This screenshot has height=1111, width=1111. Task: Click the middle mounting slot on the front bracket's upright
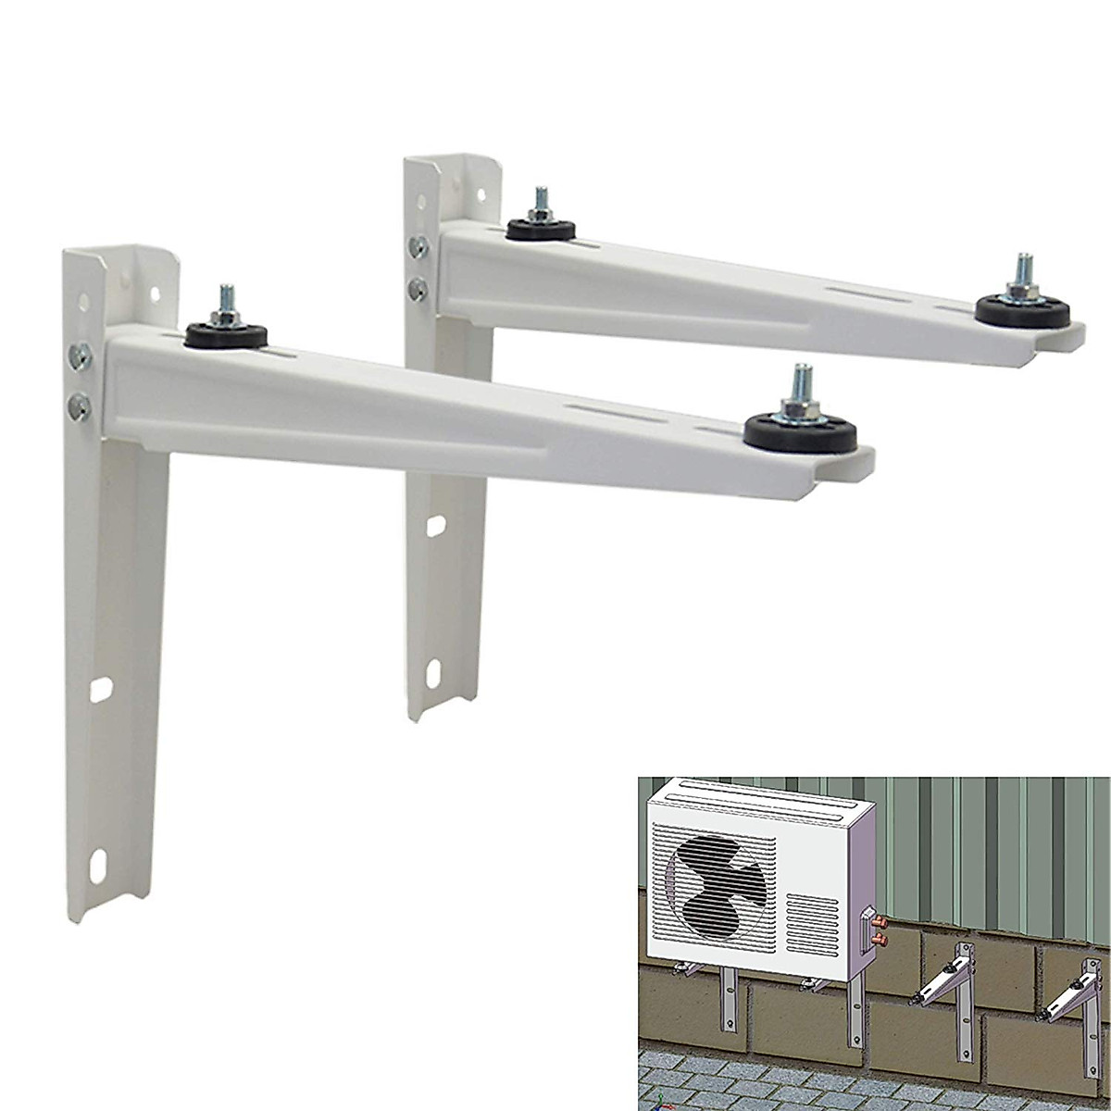(x=102, y=689)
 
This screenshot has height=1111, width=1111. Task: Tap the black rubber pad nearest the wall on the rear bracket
(x=536, y=228)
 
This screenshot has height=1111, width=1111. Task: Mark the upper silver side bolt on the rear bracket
(x=419, y=247)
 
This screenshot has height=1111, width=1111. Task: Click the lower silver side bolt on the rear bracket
(x=420, y=289)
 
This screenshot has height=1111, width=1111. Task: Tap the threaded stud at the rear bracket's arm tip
(x=1023, y=270)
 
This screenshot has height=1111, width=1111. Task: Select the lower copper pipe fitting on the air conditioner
(x=879, y=942)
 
